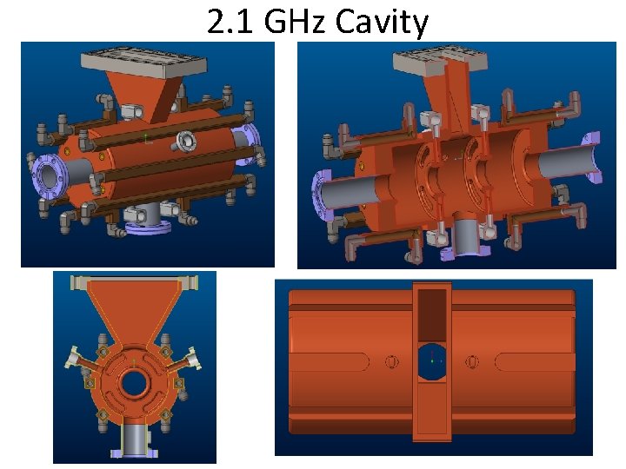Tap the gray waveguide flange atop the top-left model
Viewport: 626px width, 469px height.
[x=143, y=62]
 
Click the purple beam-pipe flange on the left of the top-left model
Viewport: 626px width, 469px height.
[x=47, y=179]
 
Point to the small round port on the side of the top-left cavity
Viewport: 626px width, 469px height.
[x=185, y=140]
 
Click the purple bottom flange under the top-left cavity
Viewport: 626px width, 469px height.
[x=150, y=228]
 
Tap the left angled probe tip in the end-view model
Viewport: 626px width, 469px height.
[x=71, y=357]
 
